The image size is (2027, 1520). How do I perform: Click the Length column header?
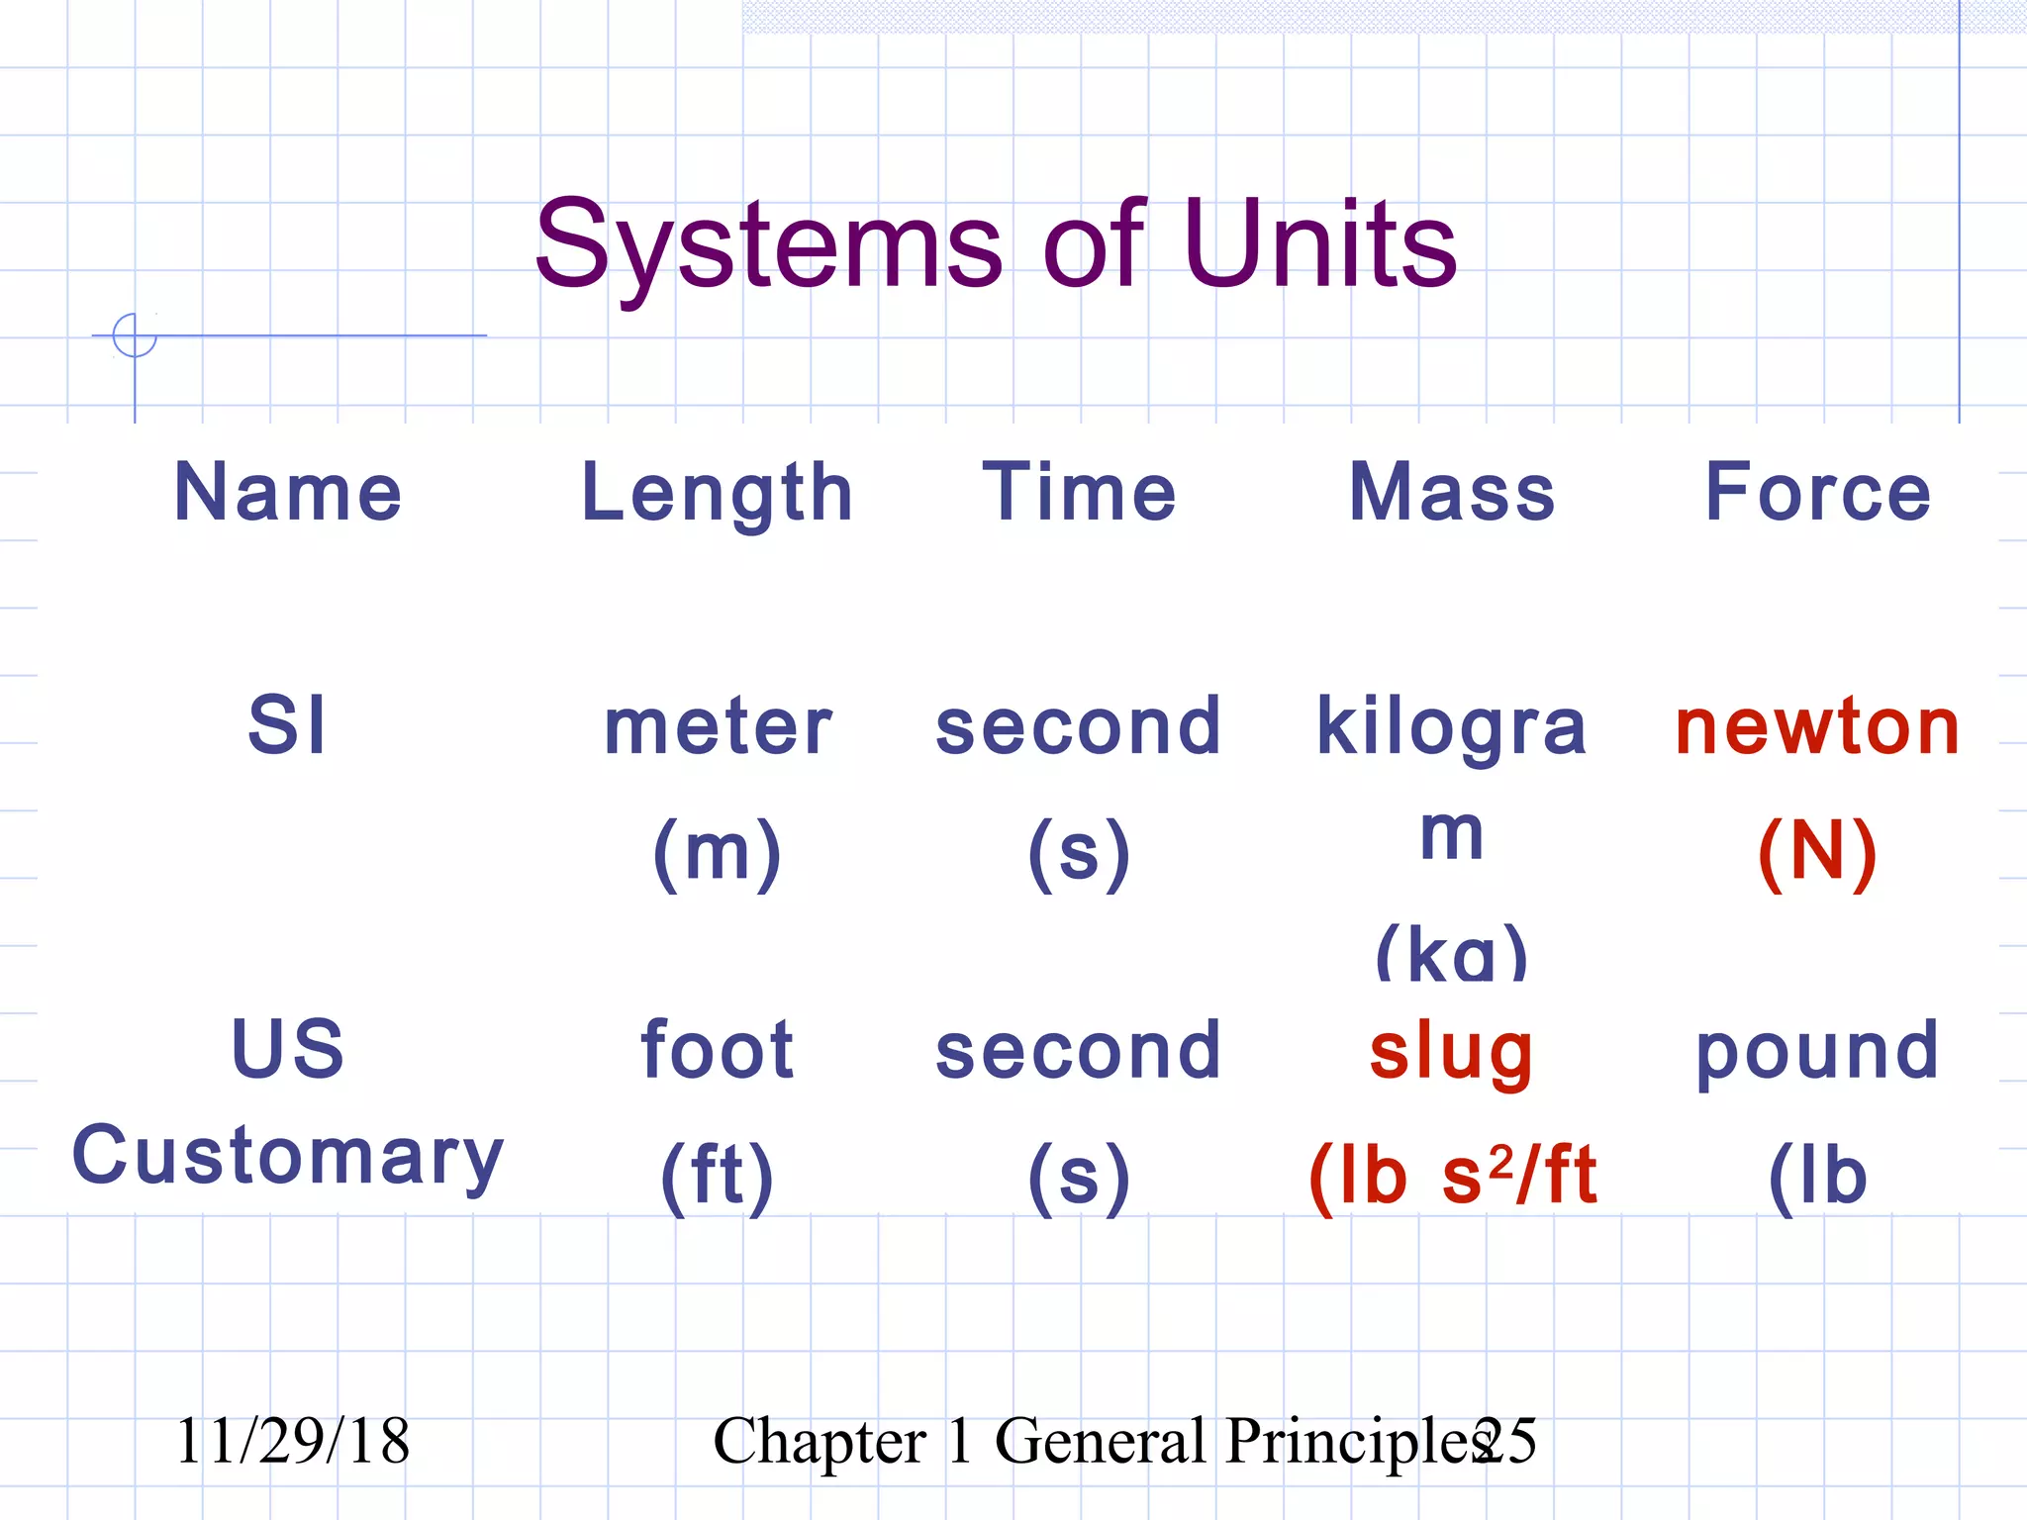point(717,494)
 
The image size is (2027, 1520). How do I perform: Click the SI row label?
point(286,724)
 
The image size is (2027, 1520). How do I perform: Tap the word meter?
point(718,726)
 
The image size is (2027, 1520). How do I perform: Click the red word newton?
point(1817,726)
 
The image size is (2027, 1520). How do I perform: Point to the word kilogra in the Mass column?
point(1451,728)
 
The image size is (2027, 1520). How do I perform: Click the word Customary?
point(288,1156)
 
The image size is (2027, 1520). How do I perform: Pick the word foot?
point(717,1049)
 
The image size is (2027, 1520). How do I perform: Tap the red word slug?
point(1451,1051)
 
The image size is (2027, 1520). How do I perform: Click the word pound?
point(1817,1051)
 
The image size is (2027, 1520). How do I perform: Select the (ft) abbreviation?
point(717,1176)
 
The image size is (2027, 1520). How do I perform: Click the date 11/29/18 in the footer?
point(292,1441)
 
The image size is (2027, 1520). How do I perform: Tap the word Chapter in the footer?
point(820,1441)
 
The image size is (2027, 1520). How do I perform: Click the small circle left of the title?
point(135,334)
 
